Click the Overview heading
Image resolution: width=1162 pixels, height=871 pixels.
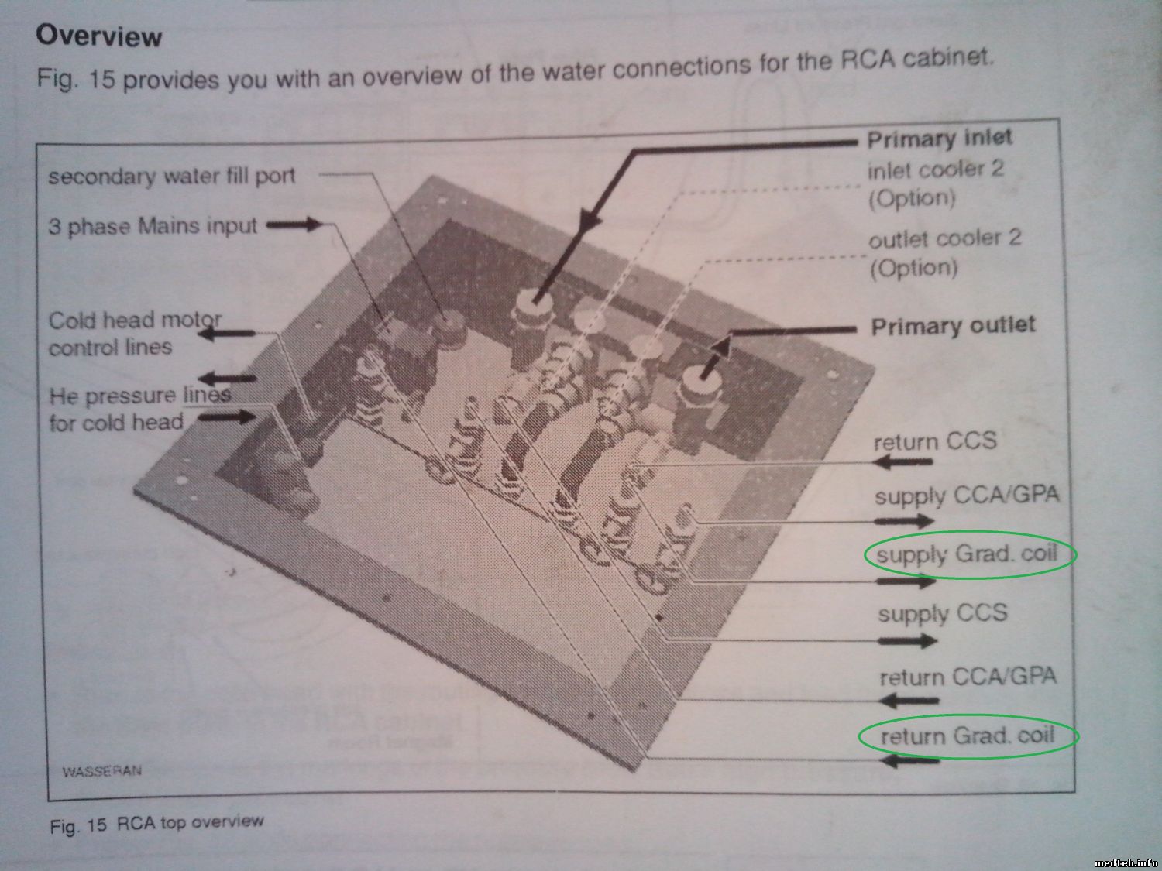[99, 36]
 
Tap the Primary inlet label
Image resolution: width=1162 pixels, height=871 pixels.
[939, 139]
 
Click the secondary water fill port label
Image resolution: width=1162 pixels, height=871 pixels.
[171, 176]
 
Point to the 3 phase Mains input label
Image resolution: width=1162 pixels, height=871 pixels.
[153, 226]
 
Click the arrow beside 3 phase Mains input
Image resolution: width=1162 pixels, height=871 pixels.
[294, 225]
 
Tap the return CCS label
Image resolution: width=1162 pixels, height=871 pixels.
[935, 441]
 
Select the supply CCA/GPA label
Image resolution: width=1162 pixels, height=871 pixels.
[967, 496]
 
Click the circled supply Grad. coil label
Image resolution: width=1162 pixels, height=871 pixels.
[967, 555]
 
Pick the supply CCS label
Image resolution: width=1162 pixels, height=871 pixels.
[942, 613]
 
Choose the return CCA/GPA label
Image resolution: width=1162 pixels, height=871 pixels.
[968, 677]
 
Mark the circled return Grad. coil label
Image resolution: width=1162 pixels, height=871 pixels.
[968, 736]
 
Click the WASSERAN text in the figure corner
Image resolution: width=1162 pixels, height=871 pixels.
[101, 771]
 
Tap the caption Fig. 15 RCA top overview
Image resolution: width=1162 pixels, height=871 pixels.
[156, 824]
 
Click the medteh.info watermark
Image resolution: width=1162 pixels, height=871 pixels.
[1126, 863]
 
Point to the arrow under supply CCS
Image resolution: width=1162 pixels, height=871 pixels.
[907, 642]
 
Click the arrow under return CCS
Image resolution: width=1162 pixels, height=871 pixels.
[902, 461]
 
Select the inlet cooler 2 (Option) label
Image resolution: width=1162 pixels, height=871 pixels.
[936, 184]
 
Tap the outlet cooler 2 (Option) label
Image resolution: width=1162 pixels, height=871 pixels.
[945, 253]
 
